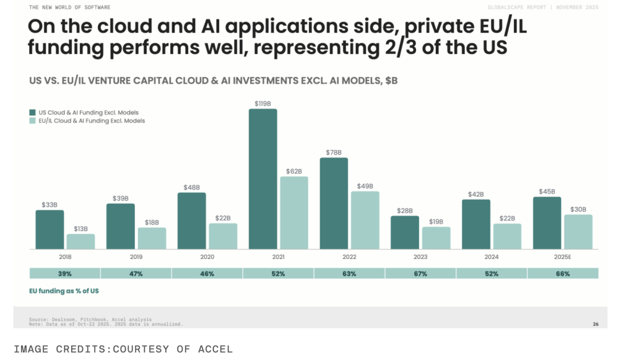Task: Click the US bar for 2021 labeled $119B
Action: click(x=263, y=179)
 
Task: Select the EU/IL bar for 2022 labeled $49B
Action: click(x=365, y=220)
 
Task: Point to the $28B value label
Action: click(x=404, y=211)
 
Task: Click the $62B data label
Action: click(x=294, y=171)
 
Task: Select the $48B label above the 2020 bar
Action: click(x=191, y=187)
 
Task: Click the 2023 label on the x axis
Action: click(x=420, y=256)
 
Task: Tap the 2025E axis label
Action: click(x=563, y=256)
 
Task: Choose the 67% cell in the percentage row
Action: click(x=420, y=273)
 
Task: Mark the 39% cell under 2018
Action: click(x=65, y=273)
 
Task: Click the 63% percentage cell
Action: click(x=349, y=273)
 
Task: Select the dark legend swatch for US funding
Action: click(x=32, y=112)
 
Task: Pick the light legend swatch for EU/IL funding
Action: click(x=32, y=121)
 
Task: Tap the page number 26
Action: click(x=596, y=323)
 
